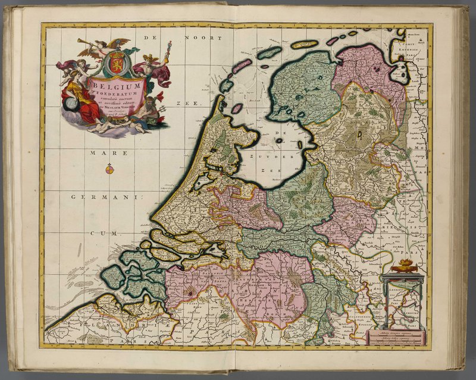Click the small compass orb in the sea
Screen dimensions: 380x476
[109, 170]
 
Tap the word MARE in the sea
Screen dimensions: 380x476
[101, 153]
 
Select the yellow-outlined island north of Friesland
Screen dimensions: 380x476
[305, 44]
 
